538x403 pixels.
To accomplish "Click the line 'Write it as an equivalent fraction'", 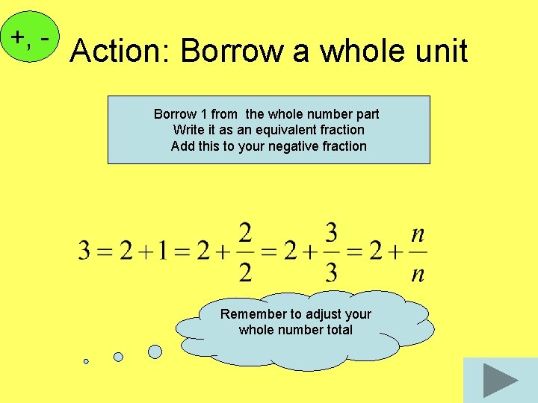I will tap(268, 130).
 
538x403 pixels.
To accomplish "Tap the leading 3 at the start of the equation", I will tap(85, 252).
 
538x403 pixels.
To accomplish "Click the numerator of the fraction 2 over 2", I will tap(245, 234).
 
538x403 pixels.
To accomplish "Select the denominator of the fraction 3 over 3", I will tap(332, 272).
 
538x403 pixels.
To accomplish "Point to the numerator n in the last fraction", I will tap(418, 234).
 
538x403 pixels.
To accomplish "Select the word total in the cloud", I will tap(337, 330).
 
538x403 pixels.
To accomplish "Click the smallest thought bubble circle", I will tap(86, 361).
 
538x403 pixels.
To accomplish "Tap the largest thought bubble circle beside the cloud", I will tap(155, 351).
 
